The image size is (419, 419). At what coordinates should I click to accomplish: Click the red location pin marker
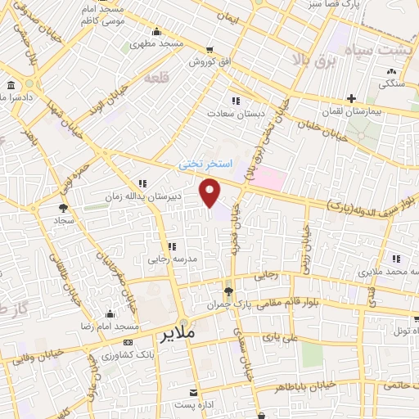(x=210, y=193)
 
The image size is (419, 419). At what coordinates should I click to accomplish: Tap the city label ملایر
(x=179, y=336)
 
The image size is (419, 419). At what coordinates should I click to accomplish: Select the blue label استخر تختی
(x=205, y=164)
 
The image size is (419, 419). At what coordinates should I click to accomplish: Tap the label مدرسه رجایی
(x=169, y=259)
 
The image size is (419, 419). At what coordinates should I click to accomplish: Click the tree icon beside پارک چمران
(x=228, y=291)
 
